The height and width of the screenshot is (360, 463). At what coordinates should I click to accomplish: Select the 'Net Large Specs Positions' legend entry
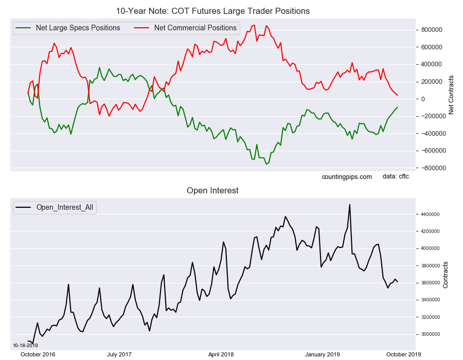[78, 28]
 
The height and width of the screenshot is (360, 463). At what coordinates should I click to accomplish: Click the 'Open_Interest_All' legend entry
[65, 207]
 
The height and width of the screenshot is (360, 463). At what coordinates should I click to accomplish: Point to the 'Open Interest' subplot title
[212, 191]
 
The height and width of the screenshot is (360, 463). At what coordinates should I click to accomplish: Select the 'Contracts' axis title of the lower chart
[446, 275]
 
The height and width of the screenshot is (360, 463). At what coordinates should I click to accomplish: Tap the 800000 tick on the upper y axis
[431, 30]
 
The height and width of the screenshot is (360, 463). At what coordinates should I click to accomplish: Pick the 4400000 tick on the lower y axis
[429, 214]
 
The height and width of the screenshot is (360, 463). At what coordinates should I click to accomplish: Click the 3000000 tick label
[429, 334]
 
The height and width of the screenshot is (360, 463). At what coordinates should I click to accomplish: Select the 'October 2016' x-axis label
[38, 354]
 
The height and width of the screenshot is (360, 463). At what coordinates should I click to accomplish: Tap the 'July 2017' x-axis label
[119, 354]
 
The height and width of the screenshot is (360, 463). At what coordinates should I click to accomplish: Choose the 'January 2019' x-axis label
[322, 354]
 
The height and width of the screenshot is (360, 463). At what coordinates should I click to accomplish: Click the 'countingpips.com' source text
[347, 177]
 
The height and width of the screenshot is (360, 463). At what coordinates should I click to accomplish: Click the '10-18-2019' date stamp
[25, 345]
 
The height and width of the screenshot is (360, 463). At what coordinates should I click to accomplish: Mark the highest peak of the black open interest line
[350, 205]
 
